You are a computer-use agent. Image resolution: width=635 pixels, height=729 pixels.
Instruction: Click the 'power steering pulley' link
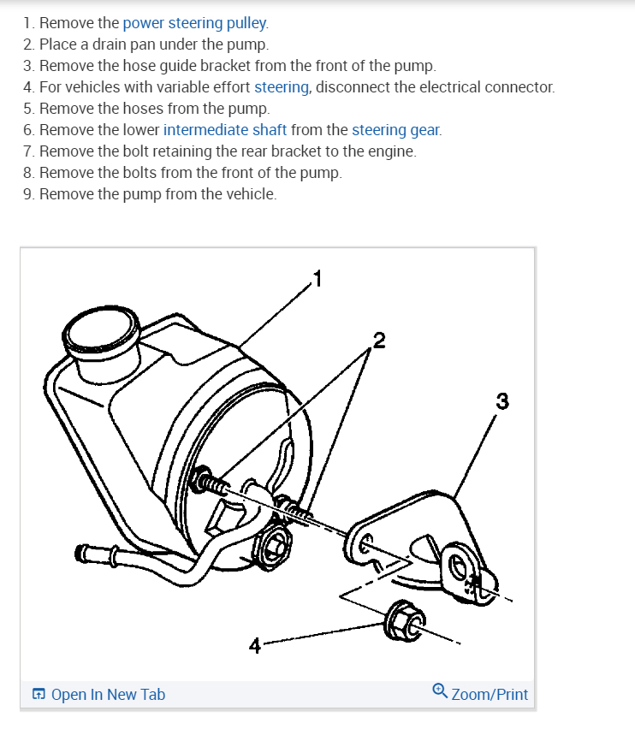tap(195, 23)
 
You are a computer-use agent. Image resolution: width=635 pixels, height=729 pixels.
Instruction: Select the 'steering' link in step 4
tap(282, 87)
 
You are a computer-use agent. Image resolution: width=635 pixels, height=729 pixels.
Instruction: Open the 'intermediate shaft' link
tap(225, 130)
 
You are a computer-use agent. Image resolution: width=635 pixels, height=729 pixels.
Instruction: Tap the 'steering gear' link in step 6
tap(396, 130)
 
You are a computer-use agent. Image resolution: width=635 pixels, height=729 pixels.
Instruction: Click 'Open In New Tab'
tap(107, 695)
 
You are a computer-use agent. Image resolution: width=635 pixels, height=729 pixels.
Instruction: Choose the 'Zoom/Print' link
tap(489, 695)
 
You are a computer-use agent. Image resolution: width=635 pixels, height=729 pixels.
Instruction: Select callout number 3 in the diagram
tap(501, 400)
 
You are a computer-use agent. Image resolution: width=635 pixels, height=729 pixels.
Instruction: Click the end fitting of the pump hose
tap(86, 553)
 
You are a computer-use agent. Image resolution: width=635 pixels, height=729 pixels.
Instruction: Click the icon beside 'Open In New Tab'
tap(39, 695)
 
